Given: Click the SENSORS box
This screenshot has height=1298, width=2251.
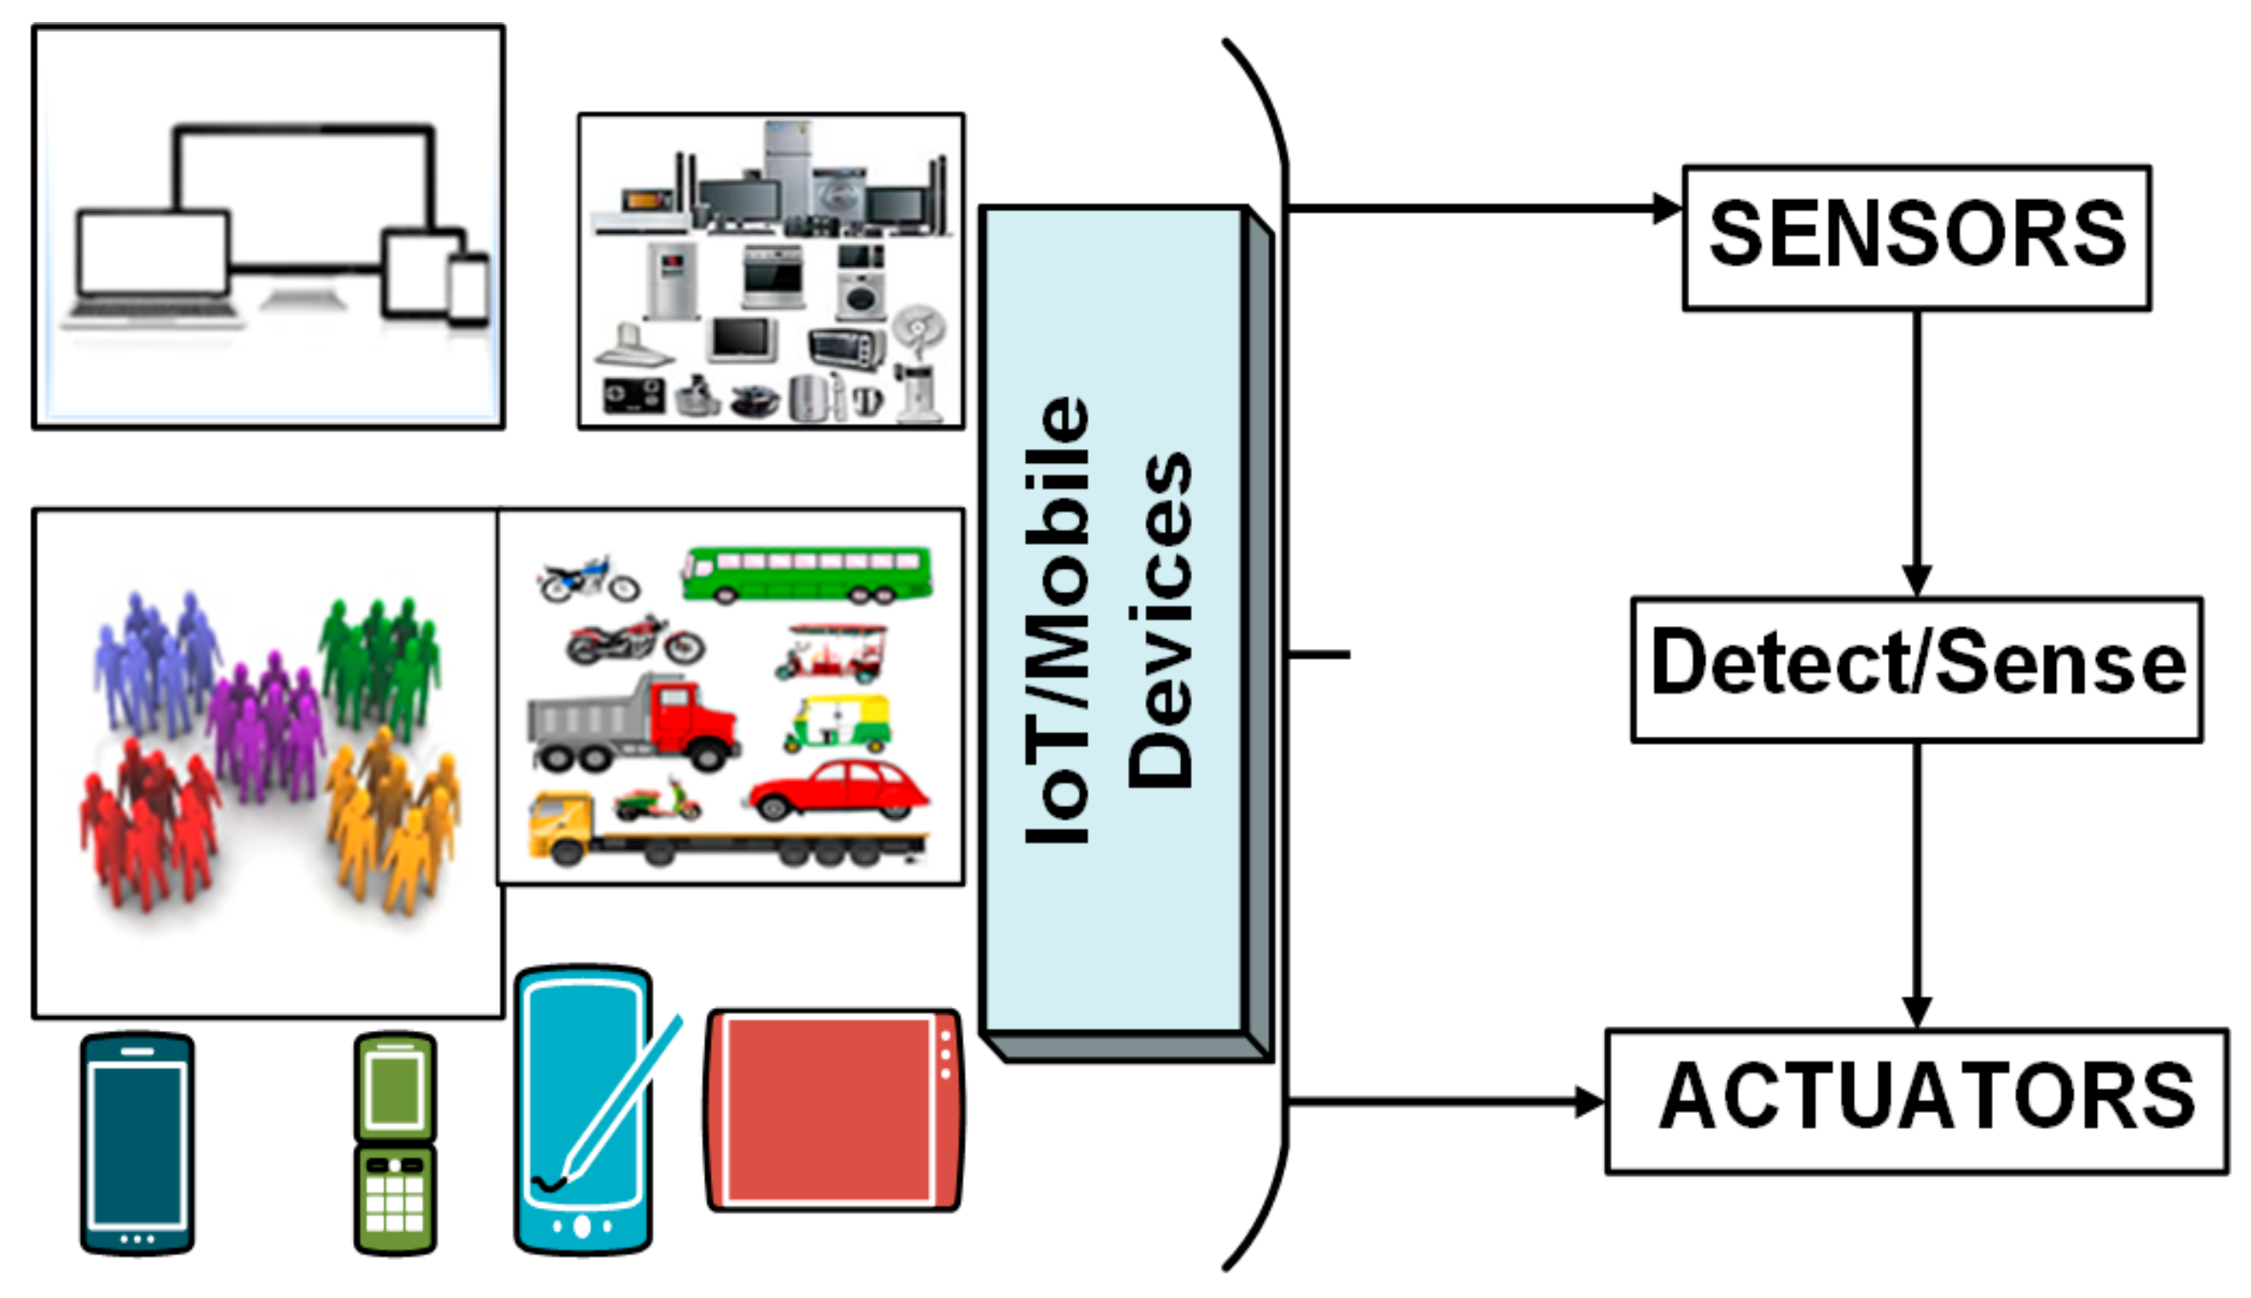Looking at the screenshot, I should pos(1915,237).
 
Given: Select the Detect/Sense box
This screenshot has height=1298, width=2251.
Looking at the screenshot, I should pos(1915,669).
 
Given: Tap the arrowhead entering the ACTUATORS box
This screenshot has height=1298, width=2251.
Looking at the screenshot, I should pos(1588,1102).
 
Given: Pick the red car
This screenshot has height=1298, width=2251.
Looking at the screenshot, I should pos(838,789).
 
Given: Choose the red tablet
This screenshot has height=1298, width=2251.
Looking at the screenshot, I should pos(833,1110).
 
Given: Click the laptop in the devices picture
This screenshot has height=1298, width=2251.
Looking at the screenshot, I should pos(152,263).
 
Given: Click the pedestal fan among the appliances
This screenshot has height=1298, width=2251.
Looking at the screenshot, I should pos(918,365).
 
